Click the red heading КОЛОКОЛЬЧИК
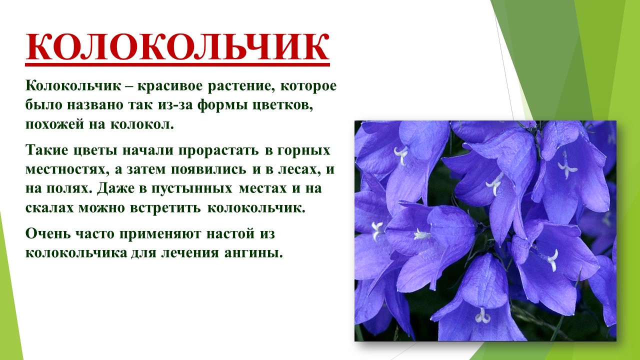177,47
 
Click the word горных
303,150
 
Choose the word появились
208,169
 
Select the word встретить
165,208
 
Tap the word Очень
48,233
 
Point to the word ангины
253,252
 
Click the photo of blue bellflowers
485,231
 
